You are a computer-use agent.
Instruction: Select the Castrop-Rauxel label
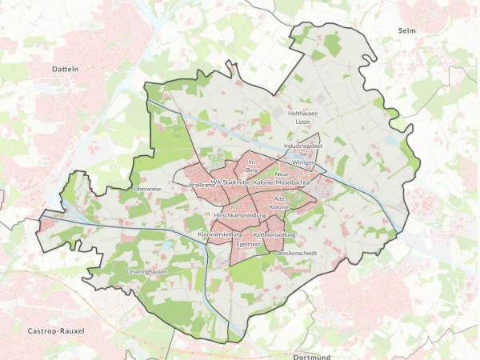tap(56, 330)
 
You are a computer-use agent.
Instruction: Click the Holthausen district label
tap(302, 114)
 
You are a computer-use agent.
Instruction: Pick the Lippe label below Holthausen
tap(302, 122)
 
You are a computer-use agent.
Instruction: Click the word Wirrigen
tap(304, 162)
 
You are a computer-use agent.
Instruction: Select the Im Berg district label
tap(251, 166)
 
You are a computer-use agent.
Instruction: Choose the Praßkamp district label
tap(201, 185)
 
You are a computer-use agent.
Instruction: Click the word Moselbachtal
tap(293, 182)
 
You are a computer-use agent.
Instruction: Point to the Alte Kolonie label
tap(279, 202)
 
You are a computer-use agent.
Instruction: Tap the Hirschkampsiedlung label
tap(240, 216)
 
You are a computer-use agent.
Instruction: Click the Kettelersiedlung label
tap(275, 234)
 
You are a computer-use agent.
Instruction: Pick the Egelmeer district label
tap(250, 243)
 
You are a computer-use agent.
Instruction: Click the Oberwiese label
tap(148, 189)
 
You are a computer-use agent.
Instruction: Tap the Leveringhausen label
tap(147, 272)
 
